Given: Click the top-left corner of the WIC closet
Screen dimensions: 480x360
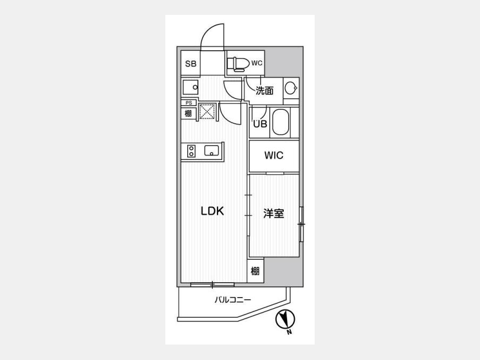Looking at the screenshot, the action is click(249, 140).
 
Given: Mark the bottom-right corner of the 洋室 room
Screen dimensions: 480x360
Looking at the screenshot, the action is click(299, 257).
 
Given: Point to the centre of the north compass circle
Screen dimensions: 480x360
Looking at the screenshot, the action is click(285, 320).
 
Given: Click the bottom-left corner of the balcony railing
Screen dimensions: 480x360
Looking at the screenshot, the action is click(178, 321).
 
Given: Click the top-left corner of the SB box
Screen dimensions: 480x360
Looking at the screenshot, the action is click(181, 51).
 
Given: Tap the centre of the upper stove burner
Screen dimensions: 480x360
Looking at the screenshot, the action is click(191, 148).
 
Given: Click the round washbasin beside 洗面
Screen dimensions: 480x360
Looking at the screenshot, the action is click(290, 89).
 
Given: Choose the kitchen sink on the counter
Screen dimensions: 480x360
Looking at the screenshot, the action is click(212, 150).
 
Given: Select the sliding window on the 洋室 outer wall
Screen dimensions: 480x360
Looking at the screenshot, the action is click(301, 225).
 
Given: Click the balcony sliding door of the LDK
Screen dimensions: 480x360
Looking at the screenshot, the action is click(212, 285).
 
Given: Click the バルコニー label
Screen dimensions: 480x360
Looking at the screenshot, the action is click(233, 300).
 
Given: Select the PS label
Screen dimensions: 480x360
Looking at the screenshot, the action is click(189, 103).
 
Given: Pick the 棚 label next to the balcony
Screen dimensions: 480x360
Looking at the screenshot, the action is click(255, 271).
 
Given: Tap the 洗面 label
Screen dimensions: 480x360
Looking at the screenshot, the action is click(265, 91).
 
